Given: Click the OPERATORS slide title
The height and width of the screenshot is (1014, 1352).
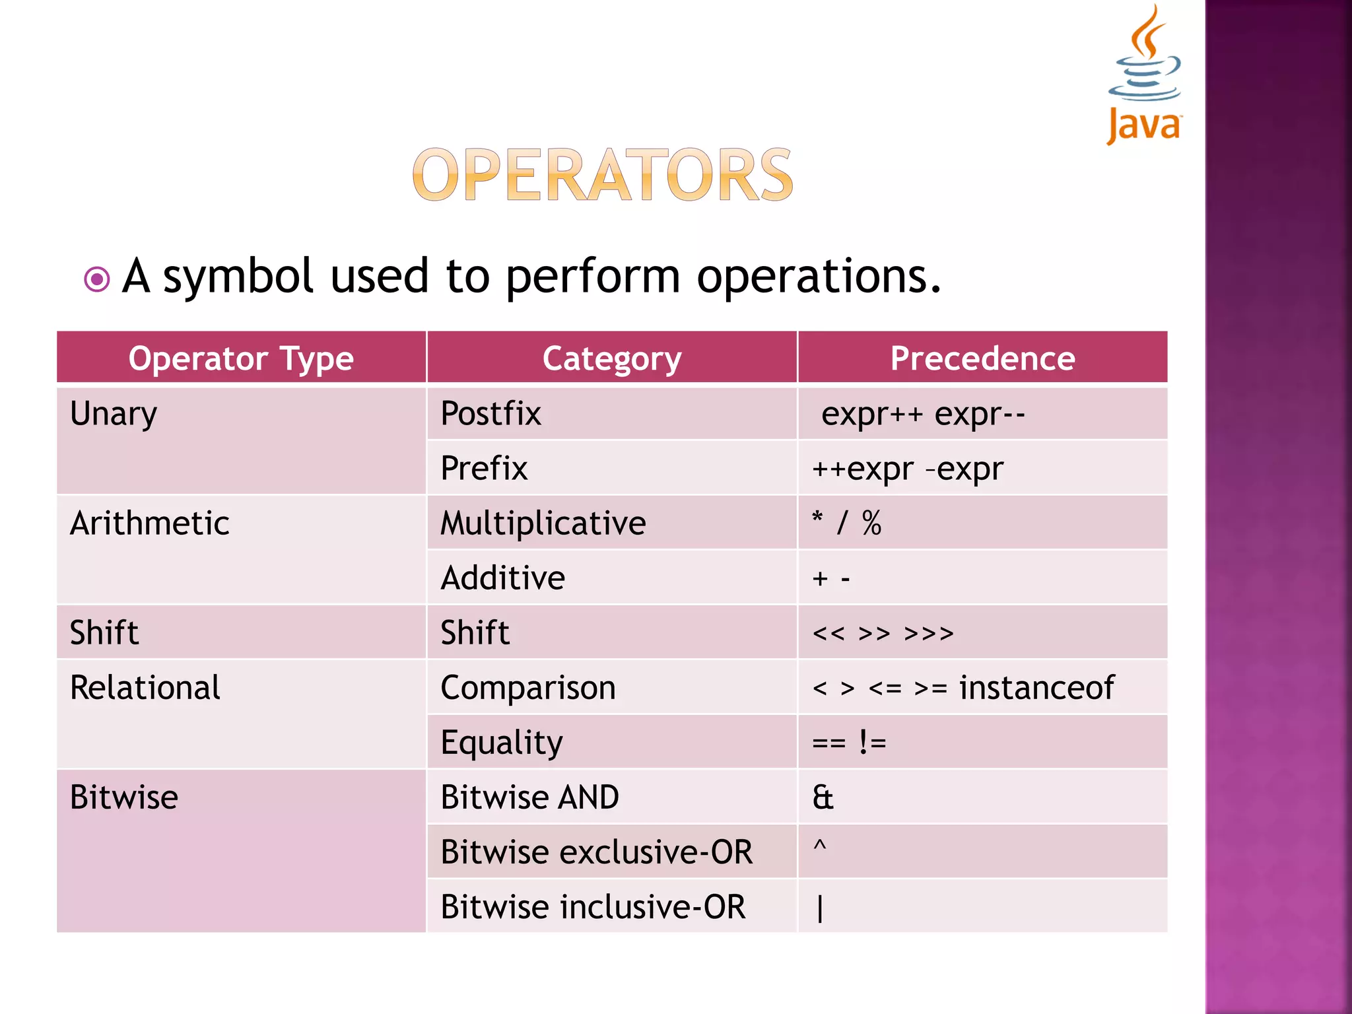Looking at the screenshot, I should [602, 175].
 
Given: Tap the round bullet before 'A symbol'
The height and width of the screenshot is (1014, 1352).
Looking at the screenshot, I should [97, 279].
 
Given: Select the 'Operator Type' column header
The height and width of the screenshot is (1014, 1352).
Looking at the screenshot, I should [241, 358].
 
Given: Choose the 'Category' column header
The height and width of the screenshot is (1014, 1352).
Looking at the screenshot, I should [612, 358].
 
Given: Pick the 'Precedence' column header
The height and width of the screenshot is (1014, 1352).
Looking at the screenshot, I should [982, 358].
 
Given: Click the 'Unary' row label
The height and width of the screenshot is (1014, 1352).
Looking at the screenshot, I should [114, 414].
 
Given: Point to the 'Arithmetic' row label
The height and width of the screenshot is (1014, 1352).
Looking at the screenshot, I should [150, 523].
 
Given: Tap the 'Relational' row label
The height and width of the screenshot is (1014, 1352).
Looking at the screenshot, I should [145, 687].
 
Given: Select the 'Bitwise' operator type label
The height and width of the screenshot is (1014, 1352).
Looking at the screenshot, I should [124, 797].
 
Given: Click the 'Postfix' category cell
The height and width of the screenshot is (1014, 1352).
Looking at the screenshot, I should [490, 414].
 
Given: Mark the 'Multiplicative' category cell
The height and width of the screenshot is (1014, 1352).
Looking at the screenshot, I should [543, 523].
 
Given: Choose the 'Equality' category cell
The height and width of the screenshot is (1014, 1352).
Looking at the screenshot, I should [502, 743].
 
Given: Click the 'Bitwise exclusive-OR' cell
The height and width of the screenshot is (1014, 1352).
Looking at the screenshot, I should [596, 852].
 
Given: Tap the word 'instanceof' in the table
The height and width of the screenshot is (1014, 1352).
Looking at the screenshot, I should [1036, 687].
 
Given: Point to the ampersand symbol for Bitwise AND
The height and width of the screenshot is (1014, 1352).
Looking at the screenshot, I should [823, 797].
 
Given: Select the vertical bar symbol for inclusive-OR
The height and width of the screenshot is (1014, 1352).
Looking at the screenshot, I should [819, 908].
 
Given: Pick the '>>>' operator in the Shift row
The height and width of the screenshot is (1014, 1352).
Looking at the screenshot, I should [928, 634].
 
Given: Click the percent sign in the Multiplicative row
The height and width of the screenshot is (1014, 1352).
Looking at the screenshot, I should [871, 523].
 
